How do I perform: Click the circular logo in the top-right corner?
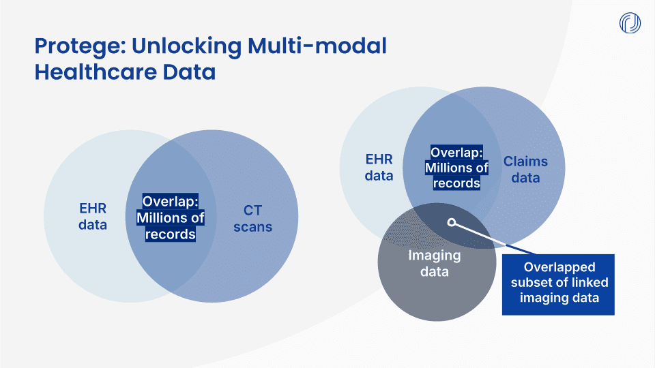(x=630, y=22)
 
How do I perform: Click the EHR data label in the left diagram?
(x=93, y=216)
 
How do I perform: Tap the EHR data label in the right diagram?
(x=379, y=167)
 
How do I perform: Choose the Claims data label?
(x=525, y=170)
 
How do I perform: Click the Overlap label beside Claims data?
(x=456, y=167)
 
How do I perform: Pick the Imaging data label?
(x=435, y=263)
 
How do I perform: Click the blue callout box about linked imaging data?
(x=558, y=283)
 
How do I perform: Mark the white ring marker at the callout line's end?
(x=451, y=222)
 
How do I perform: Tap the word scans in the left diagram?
(x=252, y=227)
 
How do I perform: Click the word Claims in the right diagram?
(x=525, y=162)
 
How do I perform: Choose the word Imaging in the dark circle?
(x=435, y=256)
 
